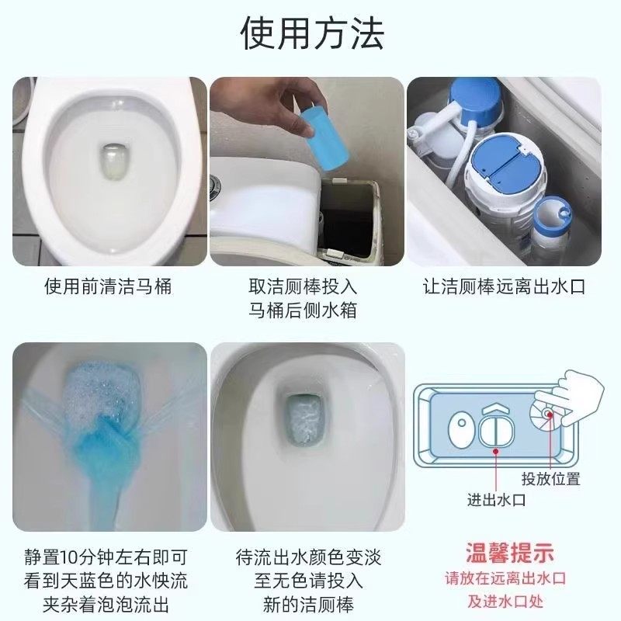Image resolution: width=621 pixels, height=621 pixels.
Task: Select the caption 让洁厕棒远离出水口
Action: click(x=504, y=286)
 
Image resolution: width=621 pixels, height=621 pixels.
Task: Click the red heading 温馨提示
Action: click(x=510, y=553)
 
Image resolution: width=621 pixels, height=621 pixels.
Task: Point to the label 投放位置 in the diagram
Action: click(x=550, y=479)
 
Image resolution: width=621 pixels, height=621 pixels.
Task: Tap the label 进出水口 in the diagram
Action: click(x=496, y=500)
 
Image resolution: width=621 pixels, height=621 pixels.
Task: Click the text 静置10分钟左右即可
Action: click(x=106, y=557)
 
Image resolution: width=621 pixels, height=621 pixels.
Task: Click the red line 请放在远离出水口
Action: click(x=510, y=579)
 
